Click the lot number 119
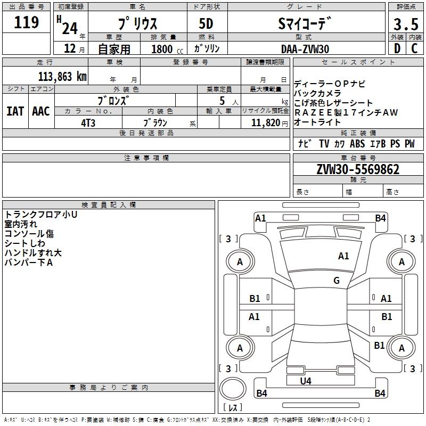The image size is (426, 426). point(27,22)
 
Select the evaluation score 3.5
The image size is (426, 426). point(405,24)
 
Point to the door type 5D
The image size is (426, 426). point(207,24)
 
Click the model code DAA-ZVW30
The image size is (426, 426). point(305,49)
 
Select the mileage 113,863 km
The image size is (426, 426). point(62,76)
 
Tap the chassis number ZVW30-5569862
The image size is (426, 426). point(358,169)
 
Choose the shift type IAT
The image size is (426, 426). point(15,111)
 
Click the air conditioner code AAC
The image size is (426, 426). point(41,111)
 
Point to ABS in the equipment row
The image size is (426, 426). point(357,144)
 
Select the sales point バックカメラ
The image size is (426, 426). point(317,93)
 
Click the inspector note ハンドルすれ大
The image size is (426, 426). point(33,252)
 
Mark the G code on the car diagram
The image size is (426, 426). point(337,281)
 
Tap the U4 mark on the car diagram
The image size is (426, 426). point(306,381)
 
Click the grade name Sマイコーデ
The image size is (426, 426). point(305,24)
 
